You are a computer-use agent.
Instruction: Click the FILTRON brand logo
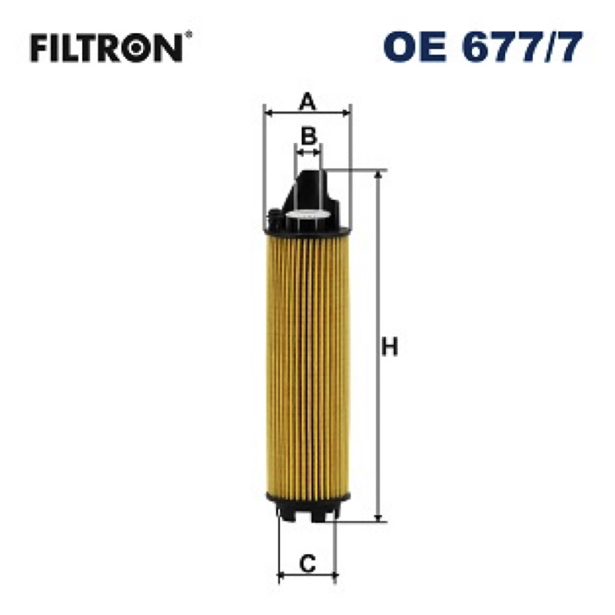pyautogui.click(x=111, y=48)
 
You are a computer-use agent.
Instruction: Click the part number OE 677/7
pyautogui.click(x=483, y=47)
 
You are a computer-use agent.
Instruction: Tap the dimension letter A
pyautogui.click(x=307, y=101)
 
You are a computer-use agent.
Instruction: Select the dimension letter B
pyautogui.click(x=308, y=136)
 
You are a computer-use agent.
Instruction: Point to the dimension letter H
pyautogui.click(x=390, y=347)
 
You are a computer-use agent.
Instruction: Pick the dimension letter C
pyautogui.click(x=307, y=563)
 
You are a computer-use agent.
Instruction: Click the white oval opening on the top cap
pyautogui.click(x=307, y=214)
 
